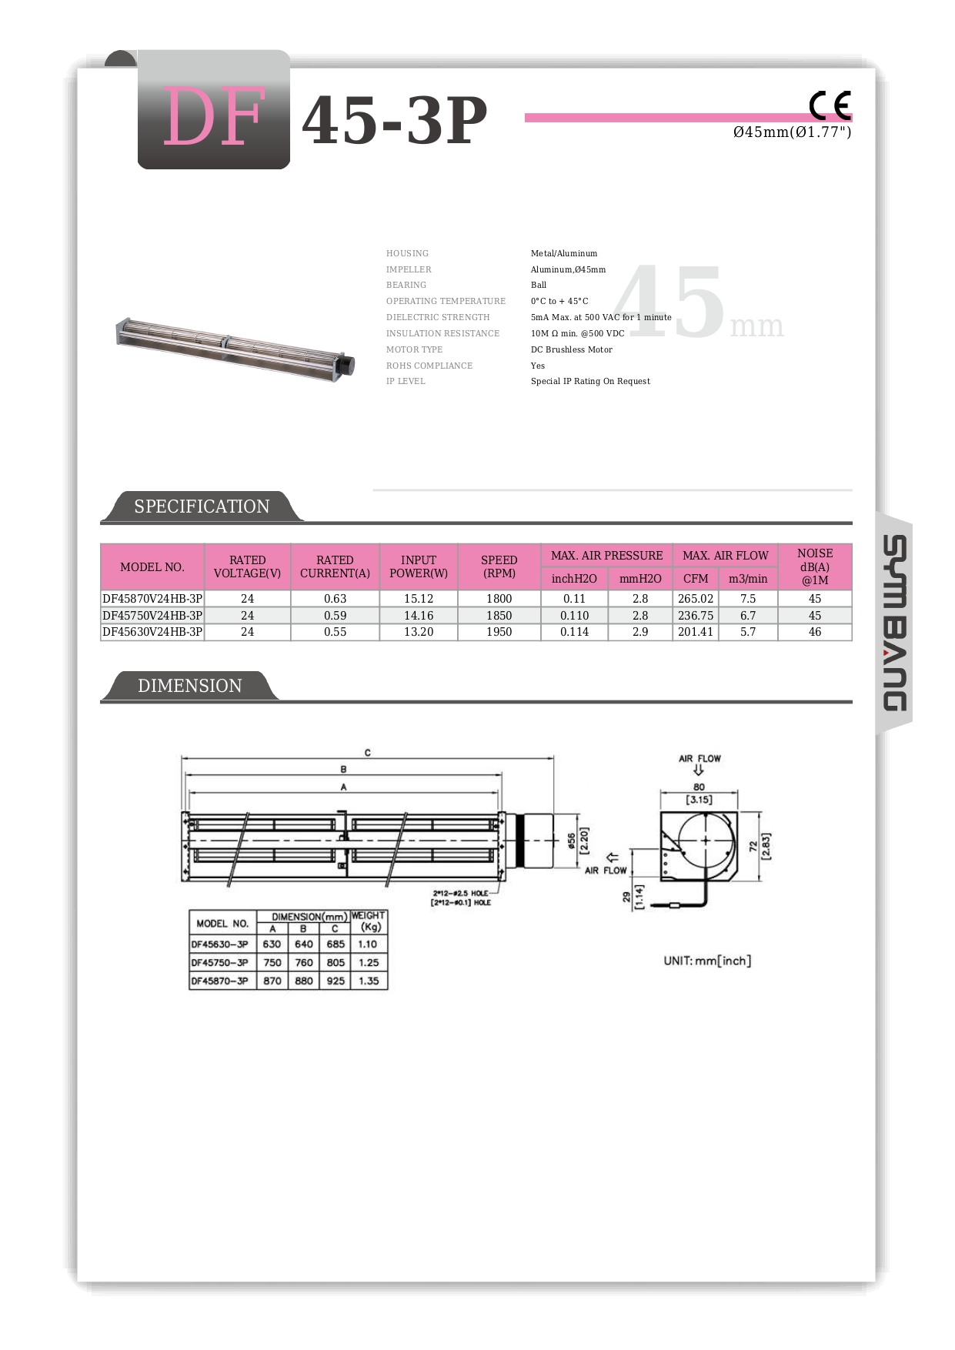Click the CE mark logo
pyautogui.click(x=830, y=105)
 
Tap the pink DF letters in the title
pyautogui.click(x=214, y=117)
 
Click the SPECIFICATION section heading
pyautogui.click(x=202, y=506)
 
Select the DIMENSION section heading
pyautogui.click(x=189, y=686)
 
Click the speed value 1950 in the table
pyautogui.click(x=499, y=632)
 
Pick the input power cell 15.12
pyautogui.click(x=419, y=599)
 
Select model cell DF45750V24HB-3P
pyautogui.click(x=152, y=616)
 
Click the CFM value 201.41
pyautogui.click(x=696, y=632)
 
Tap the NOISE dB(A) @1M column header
pyautogui.click(x=814, y=566)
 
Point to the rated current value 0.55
pyautogui.click(x=335, y=632)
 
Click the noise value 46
pyautogui.click(x=814, y=632)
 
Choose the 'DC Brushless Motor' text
pyautogui.click(x=571, y=349)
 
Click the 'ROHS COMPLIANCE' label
pyautogui.click(x=429, y=366)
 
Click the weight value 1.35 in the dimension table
pyautogui.click(x=369, y=981)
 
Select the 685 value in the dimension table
pyautogui.click(x=336, y=944)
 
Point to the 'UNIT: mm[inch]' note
pyautogui.click(x=707, y=961)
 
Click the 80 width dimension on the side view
pyautogui.click(x=699, y=787)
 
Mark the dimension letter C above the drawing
pyautogui.click(x=368, y=753)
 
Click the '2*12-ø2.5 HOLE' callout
pyautogui.click(x=460, y=894)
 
